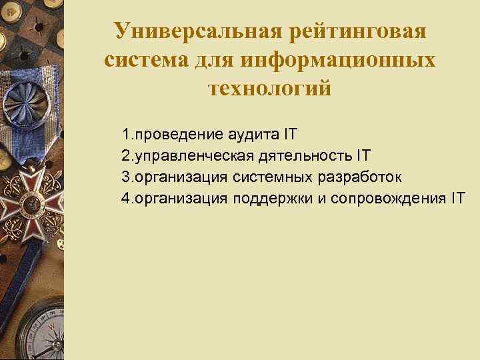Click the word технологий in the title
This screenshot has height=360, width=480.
[269, 88]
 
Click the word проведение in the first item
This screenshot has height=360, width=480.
[176, 135]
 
